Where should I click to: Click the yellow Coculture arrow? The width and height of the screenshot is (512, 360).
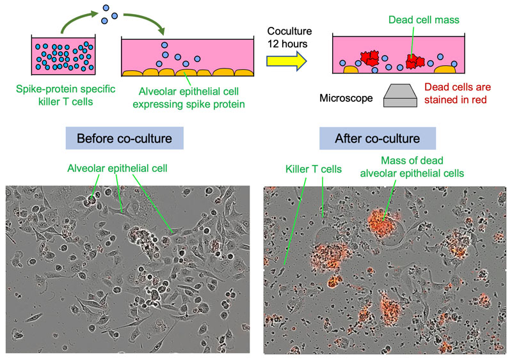pos(286,60)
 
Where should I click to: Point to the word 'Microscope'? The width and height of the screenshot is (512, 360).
pos(345,98)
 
